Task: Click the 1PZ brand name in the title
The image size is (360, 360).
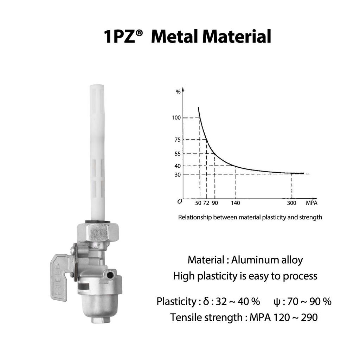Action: (x=119, y=37)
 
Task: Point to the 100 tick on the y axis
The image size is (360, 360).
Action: (x=176, y=117)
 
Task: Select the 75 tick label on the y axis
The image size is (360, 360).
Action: (x=177, y=140)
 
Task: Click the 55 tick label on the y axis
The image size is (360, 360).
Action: (x=177, y=154)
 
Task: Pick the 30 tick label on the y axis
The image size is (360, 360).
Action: (x=177, y=174)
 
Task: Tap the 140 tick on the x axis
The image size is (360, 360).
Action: (x=236, y=203)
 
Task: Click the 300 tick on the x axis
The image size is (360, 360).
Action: (x=292, y=203)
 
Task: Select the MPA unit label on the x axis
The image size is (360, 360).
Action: (x=311, y=203)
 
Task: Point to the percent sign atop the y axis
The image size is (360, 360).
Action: (x=178, y=92)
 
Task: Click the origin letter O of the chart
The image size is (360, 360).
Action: (x=180, y=201)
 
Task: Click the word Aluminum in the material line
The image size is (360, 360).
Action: (x=250, y=260)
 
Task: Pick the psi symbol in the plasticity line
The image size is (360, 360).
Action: (x=277, y=302)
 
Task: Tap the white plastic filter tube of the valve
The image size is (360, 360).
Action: (x=97, y=151)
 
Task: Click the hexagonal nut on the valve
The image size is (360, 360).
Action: (x=97, y=232)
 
